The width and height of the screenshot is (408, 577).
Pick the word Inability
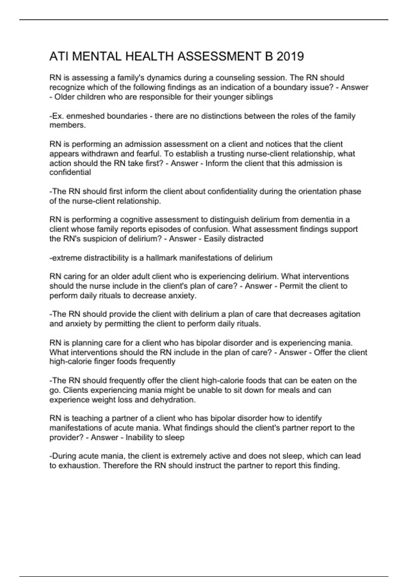139,438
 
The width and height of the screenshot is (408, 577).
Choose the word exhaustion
79,466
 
